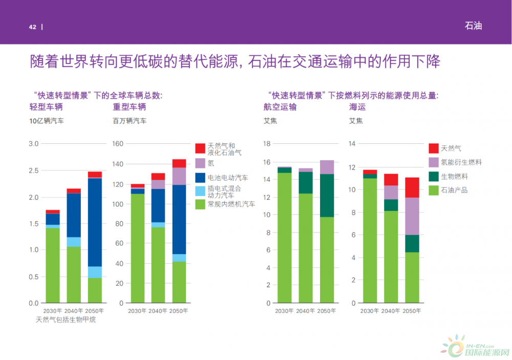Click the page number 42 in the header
click(32, 27)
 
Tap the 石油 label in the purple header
click(473, 26)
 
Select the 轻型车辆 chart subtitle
click(46, 107)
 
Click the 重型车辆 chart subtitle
click(130, 107)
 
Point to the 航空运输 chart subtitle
click(280, 107)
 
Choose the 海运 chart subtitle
click(357, 107)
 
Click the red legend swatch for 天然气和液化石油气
click(200, 149)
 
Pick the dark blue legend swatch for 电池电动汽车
click(200, 178)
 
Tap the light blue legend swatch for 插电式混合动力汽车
click(200, 191)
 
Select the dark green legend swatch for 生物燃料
click(434, 176)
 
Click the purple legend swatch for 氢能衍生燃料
click(434, 162)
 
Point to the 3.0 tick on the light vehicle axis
click(34, 144)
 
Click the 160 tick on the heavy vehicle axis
click(118, 144)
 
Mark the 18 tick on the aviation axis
click(267, 144)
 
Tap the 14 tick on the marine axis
click(352, 144)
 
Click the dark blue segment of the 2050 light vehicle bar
click(95, 222)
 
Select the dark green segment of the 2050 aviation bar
click(327, 196)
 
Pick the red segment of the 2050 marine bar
click(412, 187)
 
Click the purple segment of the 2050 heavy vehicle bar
click(179, 176)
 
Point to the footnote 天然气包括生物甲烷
click(66, 320)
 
